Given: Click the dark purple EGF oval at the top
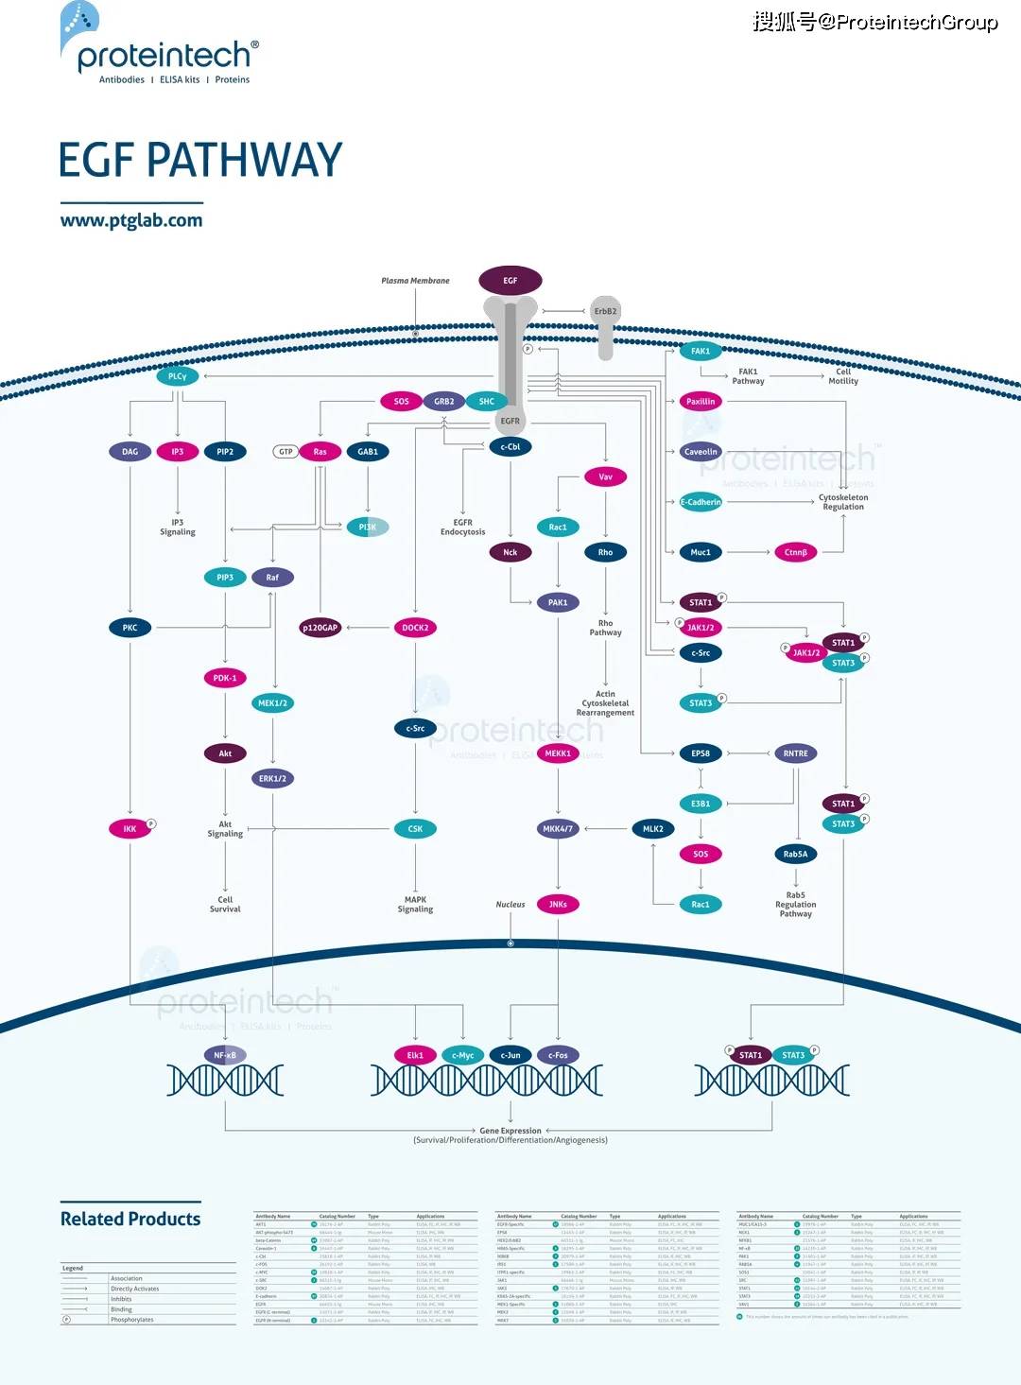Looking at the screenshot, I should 510,281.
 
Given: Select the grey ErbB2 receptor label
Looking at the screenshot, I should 605,311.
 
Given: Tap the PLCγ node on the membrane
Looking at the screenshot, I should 178,376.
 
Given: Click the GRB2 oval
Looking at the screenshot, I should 443,402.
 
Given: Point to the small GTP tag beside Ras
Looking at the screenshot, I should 286,452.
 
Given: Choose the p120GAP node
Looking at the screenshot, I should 320,628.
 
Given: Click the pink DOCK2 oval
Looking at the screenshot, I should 415,628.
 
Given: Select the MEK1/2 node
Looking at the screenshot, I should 272,703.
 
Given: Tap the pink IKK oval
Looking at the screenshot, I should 130,829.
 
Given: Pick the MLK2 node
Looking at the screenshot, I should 653,829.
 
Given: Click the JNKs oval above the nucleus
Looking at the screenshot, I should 558,905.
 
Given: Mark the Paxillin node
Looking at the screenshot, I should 701,402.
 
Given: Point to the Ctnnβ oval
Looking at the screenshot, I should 796,552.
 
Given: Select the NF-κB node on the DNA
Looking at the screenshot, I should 225,1055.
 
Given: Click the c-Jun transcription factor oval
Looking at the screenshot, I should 510,1055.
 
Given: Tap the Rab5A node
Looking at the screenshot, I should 796,854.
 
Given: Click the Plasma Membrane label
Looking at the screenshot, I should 415,281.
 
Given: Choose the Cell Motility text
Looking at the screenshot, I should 843,376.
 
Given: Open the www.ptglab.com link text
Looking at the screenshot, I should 131,220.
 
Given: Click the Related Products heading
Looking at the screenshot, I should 130,1219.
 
